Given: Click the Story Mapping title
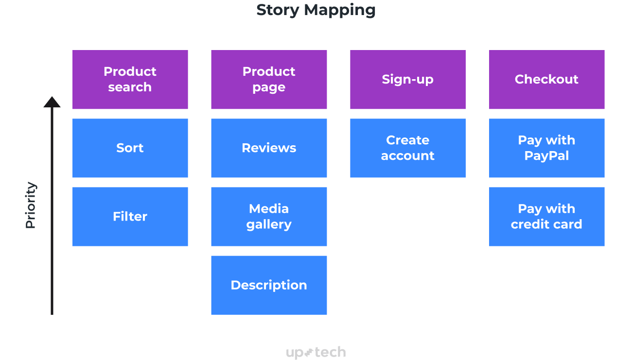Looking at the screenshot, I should pos(316,10).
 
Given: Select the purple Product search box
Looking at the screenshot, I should pos(130,79).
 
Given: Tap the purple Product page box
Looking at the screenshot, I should pos(269,79).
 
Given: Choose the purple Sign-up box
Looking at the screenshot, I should pos(407,79).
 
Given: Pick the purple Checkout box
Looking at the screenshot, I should pos(546,79).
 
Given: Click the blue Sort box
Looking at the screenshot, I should pos(130,148).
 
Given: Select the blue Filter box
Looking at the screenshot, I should pos(130,216).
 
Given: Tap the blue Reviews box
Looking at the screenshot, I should pos(269,148).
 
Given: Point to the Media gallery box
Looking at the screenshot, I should pos(269,216).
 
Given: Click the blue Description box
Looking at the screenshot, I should pos(269,285).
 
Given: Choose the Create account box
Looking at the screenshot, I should pos(407,148).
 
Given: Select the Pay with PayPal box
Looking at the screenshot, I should pos(546,148).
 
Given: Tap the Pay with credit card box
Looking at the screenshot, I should pos(546,216).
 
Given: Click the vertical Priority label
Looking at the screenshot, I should pos(31,205).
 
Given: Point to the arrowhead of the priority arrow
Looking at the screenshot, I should pos(52,102).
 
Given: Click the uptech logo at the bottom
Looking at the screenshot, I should pos(316,352).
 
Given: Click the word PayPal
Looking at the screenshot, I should pos(546,156).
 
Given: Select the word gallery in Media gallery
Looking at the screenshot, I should pos(269,224).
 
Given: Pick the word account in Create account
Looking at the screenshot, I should pos(407,156).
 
